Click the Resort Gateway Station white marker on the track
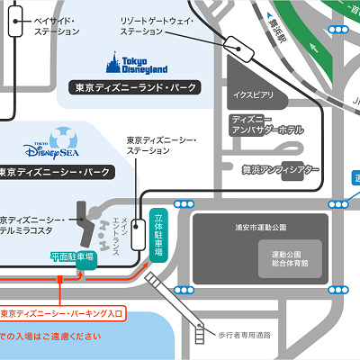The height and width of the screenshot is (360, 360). click(239, 41)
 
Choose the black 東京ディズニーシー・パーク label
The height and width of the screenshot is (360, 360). click(56, 171)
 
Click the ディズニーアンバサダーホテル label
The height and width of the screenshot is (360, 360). click(266, 123)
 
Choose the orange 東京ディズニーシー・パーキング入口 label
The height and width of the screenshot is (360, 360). click(61, 314)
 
